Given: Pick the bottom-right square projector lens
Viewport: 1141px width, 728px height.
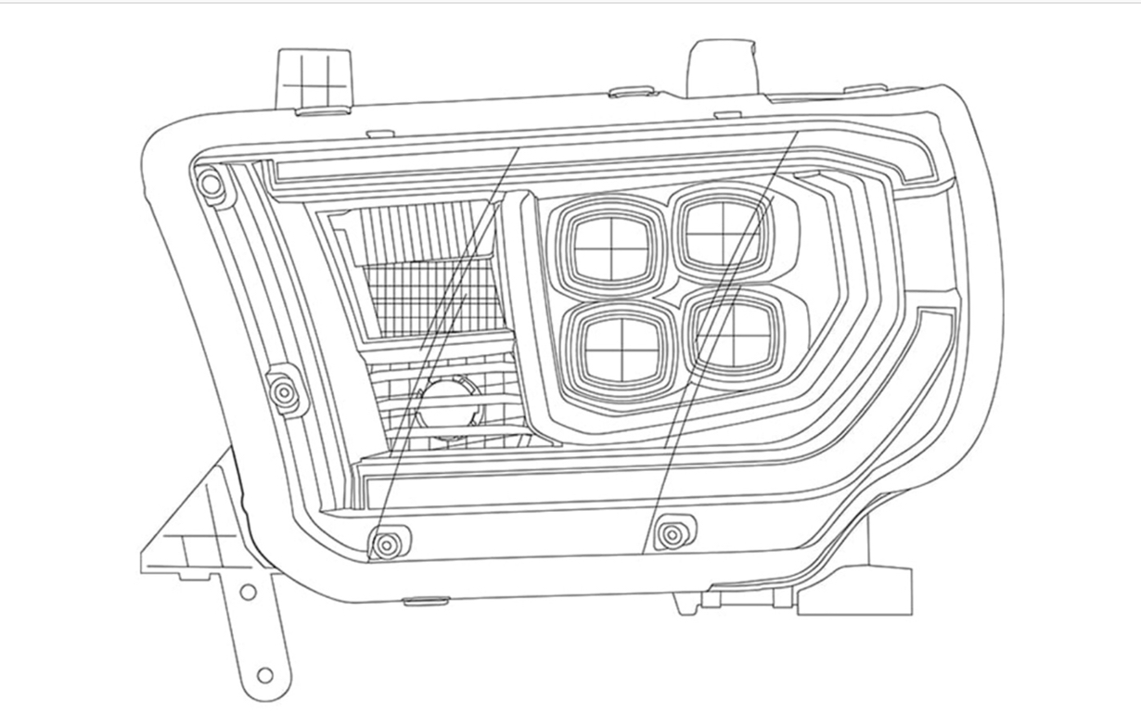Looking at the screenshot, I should click(736, 333).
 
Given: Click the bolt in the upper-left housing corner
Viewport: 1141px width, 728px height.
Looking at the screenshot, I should click(212, 184).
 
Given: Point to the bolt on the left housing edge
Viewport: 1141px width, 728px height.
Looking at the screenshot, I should click(285, 393).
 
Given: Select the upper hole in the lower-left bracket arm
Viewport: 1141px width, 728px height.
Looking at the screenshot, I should click(248, 591).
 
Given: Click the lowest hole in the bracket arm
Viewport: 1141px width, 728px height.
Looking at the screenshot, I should click(264, 674).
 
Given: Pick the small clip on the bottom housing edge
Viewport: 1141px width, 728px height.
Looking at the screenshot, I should click(426, 601).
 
